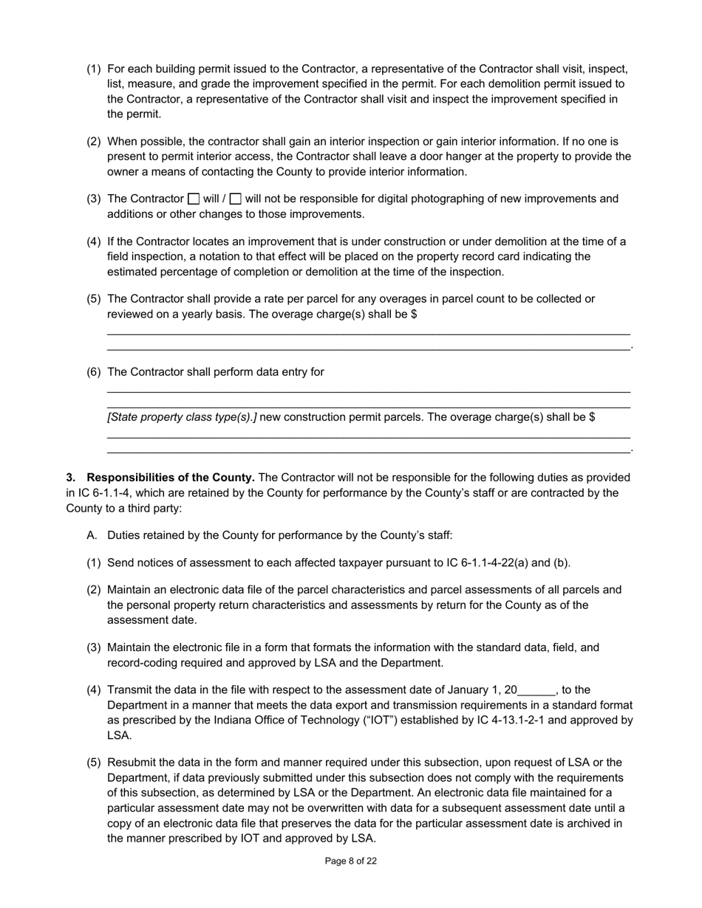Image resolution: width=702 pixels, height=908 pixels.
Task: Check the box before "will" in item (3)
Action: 194,199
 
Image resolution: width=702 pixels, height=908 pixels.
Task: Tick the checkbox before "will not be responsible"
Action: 236,199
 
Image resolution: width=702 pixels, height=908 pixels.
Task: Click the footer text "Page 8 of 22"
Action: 351,861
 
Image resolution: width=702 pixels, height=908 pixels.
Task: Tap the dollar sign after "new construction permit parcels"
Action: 592,417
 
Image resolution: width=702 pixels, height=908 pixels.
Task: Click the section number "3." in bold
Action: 72,478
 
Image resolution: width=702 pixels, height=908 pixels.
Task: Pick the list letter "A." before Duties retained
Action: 93,535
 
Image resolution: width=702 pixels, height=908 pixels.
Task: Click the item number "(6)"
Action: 94,372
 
